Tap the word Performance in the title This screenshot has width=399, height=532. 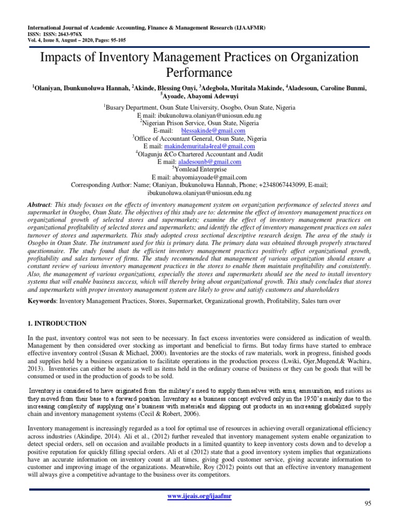tap(199, 72)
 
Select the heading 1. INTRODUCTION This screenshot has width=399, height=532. tap(57, 323)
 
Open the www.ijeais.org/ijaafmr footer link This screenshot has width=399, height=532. tap(199, 496)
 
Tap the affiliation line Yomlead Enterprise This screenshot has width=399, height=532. tap(201, 169)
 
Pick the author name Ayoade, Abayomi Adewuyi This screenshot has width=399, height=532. tap(200, 95)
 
